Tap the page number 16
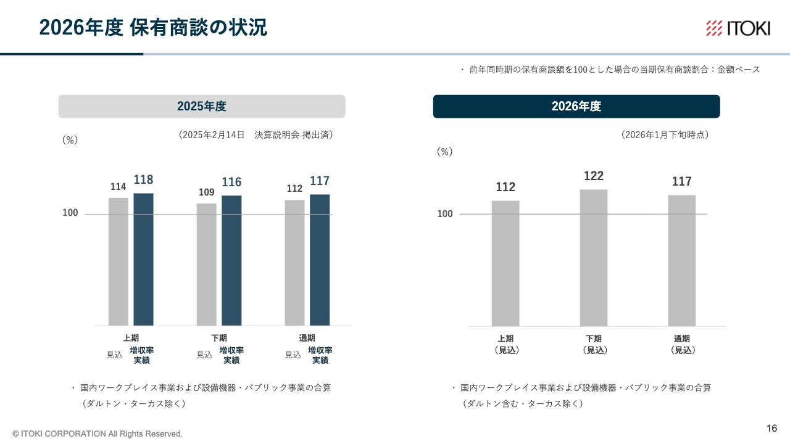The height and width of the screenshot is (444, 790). (x=771, y=429)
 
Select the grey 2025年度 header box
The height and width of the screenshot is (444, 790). (x=202, y=106)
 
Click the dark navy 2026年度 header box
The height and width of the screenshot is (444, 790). (x=576, y=106)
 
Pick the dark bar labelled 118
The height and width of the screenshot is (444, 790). (x=143, y=259)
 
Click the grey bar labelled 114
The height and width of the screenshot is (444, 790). (x=118, y=261)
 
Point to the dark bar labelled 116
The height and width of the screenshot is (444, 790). (x=231, y=260)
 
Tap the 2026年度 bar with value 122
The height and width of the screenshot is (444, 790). (x=594, y=258)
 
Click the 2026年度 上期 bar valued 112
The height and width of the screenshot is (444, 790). (x=505, y=263)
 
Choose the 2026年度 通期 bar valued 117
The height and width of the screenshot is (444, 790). (x=682, y=260)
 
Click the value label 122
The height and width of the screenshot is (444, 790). (x=594, y=176)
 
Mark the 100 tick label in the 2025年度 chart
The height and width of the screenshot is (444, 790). (x=70, y=213)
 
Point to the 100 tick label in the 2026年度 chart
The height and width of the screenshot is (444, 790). (x=445, y=214)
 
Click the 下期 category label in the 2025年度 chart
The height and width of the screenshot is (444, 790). (x=219, y=338)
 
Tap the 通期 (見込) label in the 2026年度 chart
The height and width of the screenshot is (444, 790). (x=682, y=344)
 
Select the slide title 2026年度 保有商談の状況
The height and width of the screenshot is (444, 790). (x=153, y=28)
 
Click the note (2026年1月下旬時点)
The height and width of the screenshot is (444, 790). (x=665, y=135)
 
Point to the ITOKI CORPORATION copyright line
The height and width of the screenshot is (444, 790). (x=98, y=434)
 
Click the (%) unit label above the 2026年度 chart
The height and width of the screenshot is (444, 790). (x=444, y=152)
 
